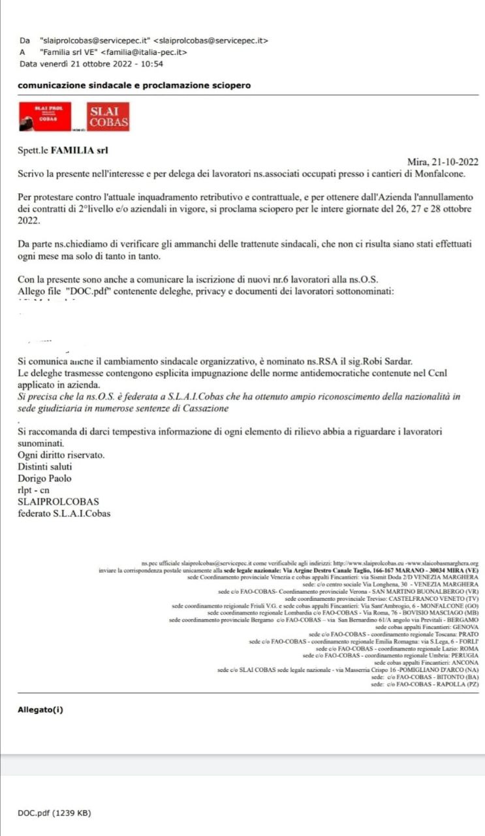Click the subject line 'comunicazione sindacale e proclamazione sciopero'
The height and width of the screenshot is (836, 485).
point(134,86)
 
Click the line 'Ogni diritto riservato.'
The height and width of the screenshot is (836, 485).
point(61,455)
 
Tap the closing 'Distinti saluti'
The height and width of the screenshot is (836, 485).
point(45,466)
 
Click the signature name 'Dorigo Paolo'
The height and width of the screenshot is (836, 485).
point(44,478)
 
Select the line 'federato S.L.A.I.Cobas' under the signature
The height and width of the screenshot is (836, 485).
point(64,513)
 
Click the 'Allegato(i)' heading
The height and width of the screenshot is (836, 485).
point(40,710)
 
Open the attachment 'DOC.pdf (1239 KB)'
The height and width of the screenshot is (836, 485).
point(54,813)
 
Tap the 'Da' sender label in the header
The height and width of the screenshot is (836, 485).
point(25,40)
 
